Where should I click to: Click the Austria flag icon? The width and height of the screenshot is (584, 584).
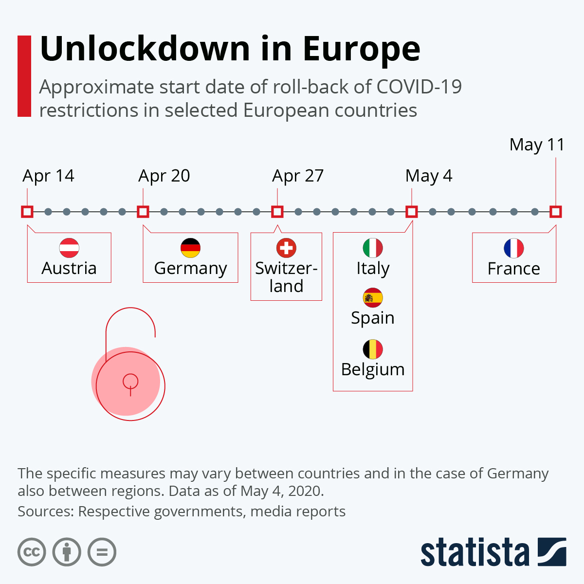(x=69, y=248)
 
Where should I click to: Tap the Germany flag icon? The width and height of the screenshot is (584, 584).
(x=190, y=248)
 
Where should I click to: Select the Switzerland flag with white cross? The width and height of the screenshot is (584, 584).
(x=286, y=248)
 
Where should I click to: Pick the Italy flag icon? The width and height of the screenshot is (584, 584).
(x=373, y=248)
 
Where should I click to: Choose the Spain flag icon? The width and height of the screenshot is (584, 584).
(x=373, y=298)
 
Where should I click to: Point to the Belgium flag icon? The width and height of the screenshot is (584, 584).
(x=373, y=349)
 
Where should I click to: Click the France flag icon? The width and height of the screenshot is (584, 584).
(x=514, y=248)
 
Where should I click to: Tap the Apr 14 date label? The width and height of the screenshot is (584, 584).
(x=48, y=176)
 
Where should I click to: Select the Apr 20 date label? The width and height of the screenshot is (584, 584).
(x=164, y=176)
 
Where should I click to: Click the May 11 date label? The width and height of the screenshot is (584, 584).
(x=537, y=145)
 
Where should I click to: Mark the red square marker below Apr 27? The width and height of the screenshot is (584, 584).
(x=277, y=212)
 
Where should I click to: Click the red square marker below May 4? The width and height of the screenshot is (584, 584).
(x=412, y=212)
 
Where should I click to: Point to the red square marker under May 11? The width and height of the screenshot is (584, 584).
(x=556, y=212)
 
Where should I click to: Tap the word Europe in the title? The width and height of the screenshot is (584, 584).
(x=362, y=49)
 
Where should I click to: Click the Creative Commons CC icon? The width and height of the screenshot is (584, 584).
(x=32, y=552)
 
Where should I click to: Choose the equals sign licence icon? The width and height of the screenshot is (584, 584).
(x=102, y=552)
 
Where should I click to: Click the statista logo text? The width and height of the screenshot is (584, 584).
(x=474, y=552)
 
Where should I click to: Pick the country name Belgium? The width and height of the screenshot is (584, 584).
(x=373, y=369)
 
